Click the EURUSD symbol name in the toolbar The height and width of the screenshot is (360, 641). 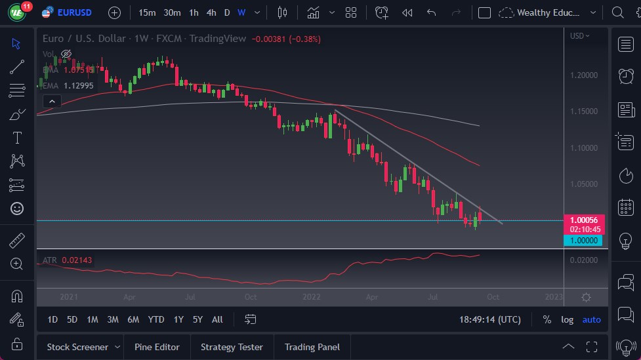coord(74,12)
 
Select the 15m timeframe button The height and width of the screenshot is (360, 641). coord(147,12)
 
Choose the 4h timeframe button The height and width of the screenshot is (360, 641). coord(211,12)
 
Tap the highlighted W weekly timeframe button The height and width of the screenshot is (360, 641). coord(241,12)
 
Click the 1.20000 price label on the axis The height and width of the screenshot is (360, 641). coord(584,75)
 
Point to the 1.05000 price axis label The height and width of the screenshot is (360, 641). coord(584,184)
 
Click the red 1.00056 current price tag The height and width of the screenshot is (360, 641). coord(583,220)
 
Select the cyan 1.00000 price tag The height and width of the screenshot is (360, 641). coord(583,241)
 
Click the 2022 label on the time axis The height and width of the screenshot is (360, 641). coord(311,296)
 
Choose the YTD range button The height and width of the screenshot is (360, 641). coord(156,319)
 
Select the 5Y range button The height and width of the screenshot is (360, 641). coord(197,319)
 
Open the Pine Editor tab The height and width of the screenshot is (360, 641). coord(157,347)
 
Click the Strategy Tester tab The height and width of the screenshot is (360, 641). coord(232,347)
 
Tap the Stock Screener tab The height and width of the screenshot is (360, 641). coord(77,347)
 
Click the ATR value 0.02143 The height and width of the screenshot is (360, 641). coord(77,260)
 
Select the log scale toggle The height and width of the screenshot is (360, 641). coord(567,319)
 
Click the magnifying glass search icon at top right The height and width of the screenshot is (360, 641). coord(617,12)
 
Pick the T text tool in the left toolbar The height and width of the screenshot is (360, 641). coord(17,138)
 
